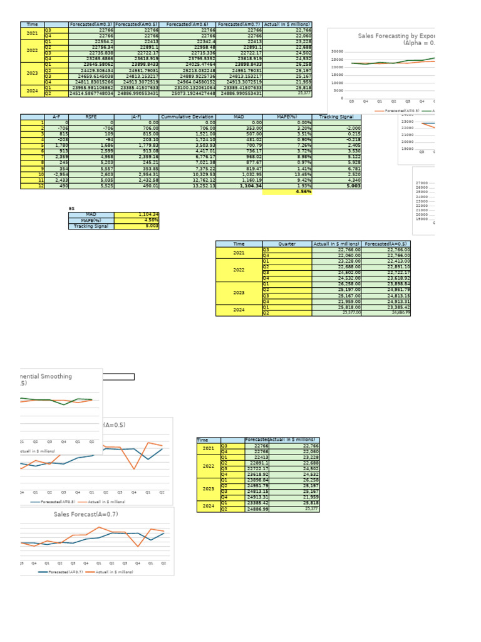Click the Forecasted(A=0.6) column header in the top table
click(x=188, y=24)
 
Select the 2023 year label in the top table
click(x=32, y=73)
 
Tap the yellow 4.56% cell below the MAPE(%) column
click(x=287, y=192)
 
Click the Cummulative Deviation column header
click(x=188, y=117)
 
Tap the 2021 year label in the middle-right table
click(x=239, y=253)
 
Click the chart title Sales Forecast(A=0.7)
click(x=86, y=514)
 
